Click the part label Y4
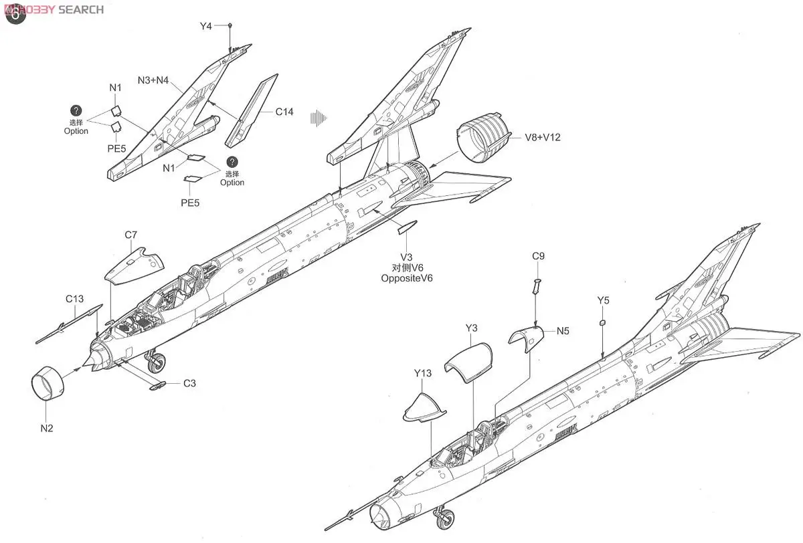(x=205, y=26)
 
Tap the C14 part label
(x=284, y=112)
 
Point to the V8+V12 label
(x=542, y=138)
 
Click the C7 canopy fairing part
(x=133, y=264)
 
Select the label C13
(x=74, y=299)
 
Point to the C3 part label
(x=190, y=384)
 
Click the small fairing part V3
(x=406, y=229)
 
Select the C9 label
(x=539, y=256)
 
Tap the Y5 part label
(x=604, y=300)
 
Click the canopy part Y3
(x=468, y=362)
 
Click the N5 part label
(x=563, y=330)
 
